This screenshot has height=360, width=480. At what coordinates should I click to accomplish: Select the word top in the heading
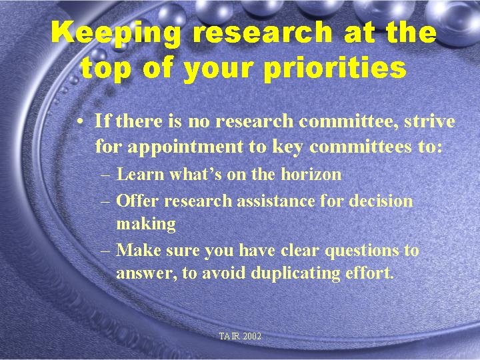103,68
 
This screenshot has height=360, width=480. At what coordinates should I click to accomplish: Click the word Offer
137,201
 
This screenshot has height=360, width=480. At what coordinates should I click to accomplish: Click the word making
145,224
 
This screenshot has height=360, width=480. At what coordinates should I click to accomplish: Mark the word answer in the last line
145,273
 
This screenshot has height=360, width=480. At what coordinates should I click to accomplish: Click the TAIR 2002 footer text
240,337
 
